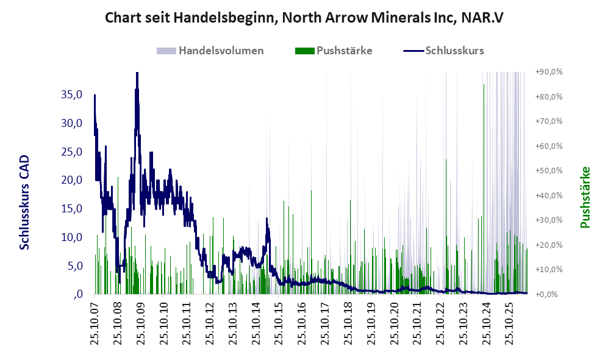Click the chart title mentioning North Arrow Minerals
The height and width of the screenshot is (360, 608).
coord(304,18)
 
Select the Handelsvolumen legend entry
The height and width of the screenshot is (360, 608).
coord(210,51)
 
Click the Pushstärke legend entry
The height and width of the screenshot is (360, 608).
coord(334,51)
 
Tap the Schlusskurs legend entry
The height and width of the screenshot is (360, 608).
coord(443,51)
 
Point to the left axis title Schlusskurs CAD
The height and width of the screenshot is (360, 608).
coord(24,202)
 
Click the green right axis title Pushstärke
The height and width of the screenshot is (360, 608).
coord(585,198)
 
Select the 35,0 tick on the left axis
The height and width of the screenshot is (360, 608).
coord(72,94)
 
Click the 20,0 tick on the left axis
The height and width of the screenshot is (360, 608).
coord(72,180)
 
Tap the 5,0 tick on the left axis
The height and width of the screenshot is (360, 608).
coord(74,266)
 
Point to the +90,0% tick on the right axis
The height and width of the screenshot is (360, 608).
coord(549,72)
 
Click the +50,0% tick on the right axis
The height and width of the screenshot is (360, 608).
coord(549,171)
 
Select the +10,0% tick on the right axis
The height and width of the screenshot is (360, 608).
coord(549,269)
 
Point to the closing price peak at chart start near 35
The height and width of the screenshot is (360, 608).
coord(95,95)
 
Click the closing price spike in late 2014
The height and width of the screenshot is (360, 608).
coord(266,218)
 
